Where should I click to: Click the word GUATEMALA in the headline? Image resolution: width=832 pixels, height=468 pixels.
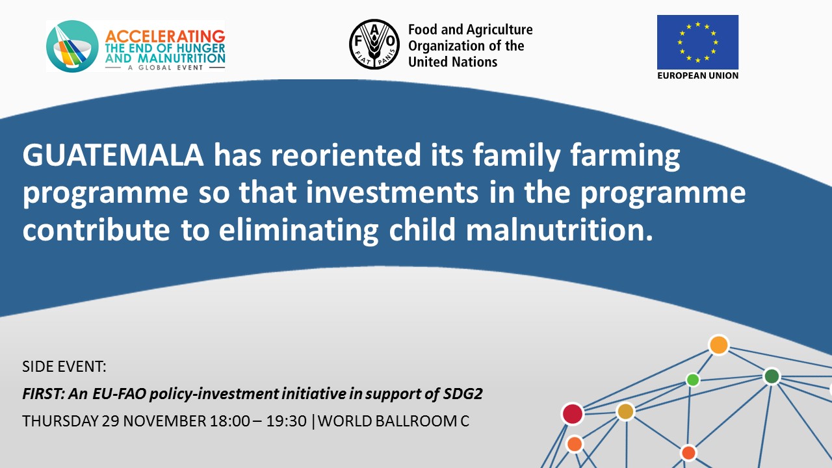click(113, 155)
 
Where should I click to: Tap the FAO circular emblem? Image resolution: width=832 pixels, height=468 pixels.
click(374, 44)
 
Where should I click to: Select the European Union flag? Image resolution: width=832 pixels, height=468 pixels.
click(697, 42)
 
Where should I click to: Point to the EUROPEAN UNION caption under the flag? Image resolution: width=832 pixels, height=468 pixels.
click(697, 75)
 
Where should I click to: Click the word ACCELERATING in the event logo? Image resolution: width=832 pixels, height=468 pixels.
click(165, 36)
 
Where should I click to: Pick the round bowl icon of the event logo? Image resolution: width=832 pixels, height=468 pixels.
click(72, 46)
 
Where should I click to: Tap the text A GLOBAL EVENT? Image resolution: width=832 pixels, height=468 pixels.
click(165, 68)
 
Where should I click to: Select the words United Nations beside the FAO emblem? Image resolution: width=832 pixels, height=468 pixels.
click(452, 62)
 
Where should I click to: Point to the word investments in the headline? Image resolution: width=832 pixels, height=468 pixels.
click(392, 192)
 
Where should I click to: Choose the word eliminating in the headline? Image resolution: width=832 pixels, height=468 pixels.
click(298, 231)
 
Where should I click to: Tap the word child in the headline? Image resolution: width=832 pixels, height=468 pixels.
click(422, 229)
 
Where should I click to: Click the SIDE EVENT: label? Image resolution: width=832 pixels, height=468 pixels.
click(64, 367)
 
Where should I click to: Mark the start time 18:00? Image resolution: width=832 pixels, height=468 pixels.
click(230, 421)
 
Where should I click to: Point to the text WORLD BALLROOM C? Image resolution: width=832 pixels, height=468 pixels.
click(393, 421)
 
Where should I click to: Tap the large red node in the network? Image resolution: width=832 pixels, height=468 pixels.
click(573, 414)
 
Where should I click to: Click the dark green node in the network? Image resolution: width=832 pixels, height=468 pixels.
click(772, 376)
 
